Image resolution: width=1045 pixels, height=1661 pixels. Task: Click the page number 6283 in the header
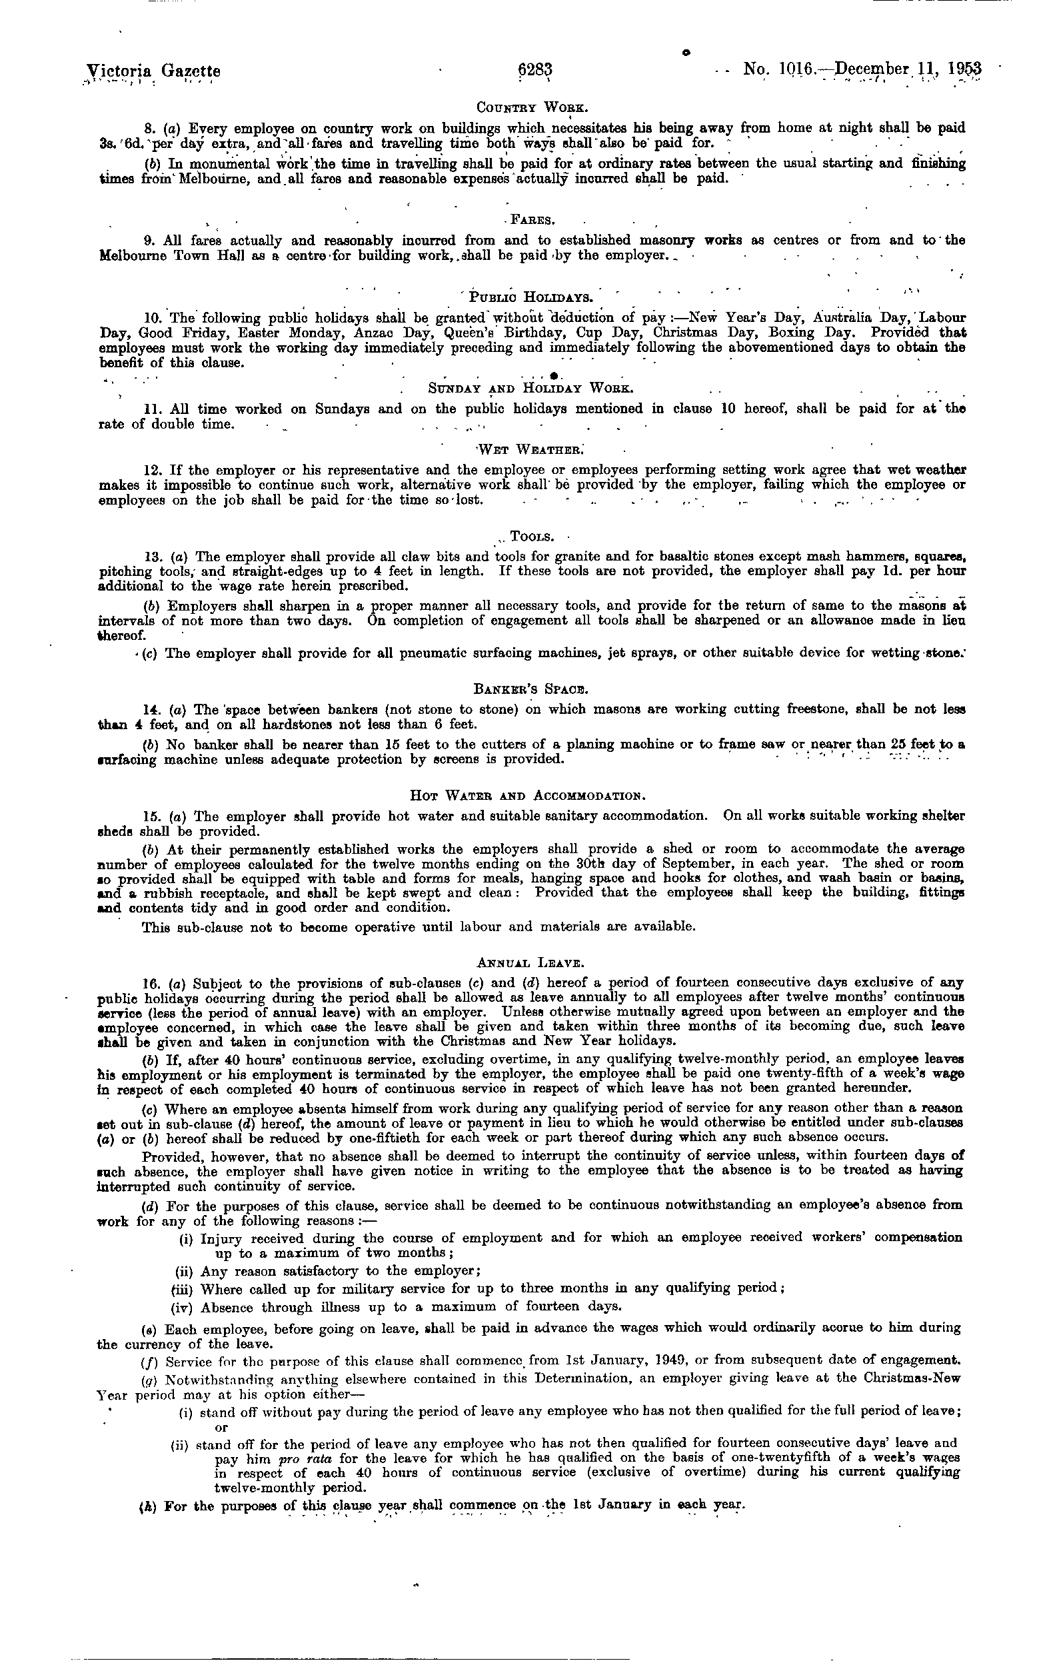pyautogui.click(x=535, y=71)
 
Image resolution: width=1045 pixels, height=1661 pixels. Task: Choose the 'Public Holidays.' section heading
pyautogui.click(x=531, y=298)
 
